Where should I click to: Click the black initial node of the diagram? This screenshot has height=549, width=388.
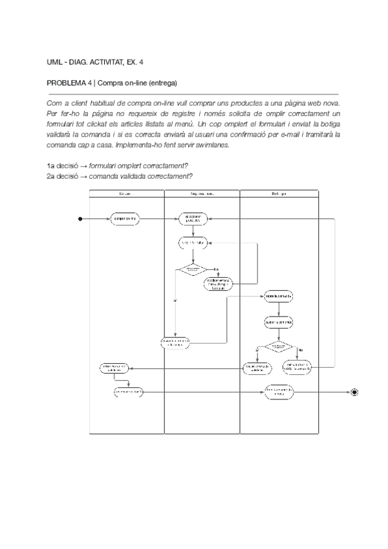coord(81,219)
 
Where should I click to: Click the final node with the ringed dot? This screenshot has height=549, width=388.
coord(354,392)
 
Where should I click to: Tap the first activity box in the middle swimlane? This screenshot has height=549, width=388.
coord(193,219)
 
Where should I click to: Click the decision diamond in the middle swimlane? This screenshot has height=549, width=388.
coord(193,269)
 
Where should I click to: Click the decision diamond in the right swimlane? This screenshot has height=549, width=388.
coord(278,347)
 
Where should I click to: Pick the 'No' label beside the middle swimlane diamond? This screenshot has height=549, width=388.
coord(216,268)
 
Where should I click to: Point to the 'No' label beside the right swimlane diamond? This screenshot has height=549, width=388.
coord(299,350)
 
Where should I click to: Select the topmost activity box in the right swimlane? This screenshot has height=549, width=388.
coord(279,296)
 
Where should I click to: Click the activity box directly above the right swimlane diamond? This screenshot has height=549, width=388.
coord(279,321)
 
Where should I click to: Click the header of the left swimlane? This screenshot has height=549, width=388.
coord(126,193)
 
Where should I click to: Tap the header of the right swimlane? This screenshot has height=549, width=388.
coord(279,193)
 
